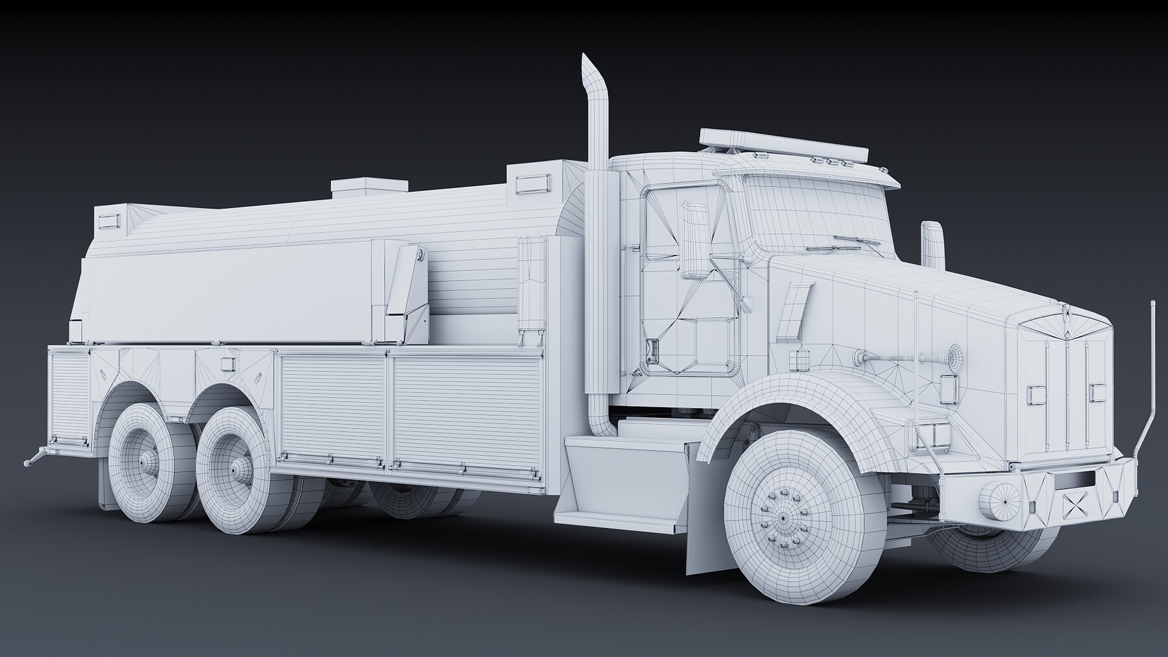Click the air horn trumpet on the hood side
[x=908, y=357]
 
